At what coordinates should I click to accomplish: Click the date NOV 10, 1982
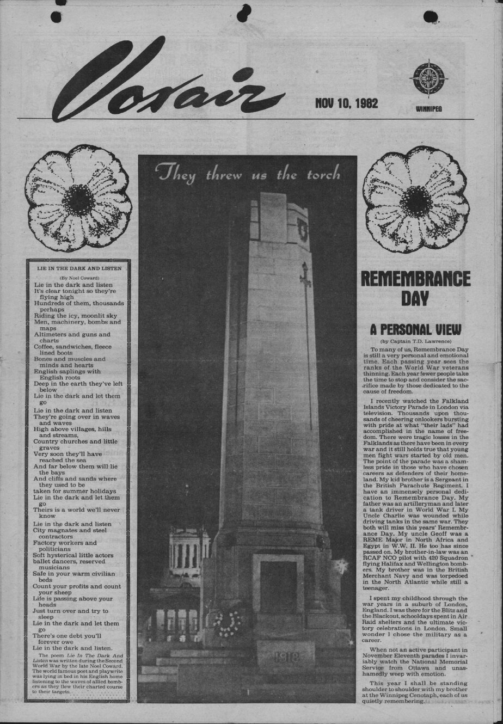346,103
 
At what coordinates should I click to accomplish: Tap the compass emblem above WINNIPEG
428,78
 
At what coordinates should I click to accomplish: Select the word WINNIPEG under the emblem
428,109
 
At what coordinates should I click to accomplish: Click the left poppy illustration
78,198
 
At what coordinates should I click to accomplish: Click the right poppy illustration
416,198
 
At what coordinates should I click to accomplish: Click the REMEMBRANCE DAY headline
416,287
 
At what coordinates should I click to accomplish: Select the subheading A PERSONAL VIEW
415,329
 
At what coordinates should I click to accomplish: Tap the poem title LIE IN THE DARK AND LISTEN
79,268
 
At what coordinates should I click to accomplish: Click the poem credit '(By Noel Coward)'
79,278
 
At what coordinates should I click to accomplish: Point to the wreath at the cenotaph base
228,623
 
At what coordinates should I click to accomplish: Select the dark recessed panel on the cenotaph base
278,588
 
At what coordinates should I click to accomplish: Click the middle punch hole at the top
244,10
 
